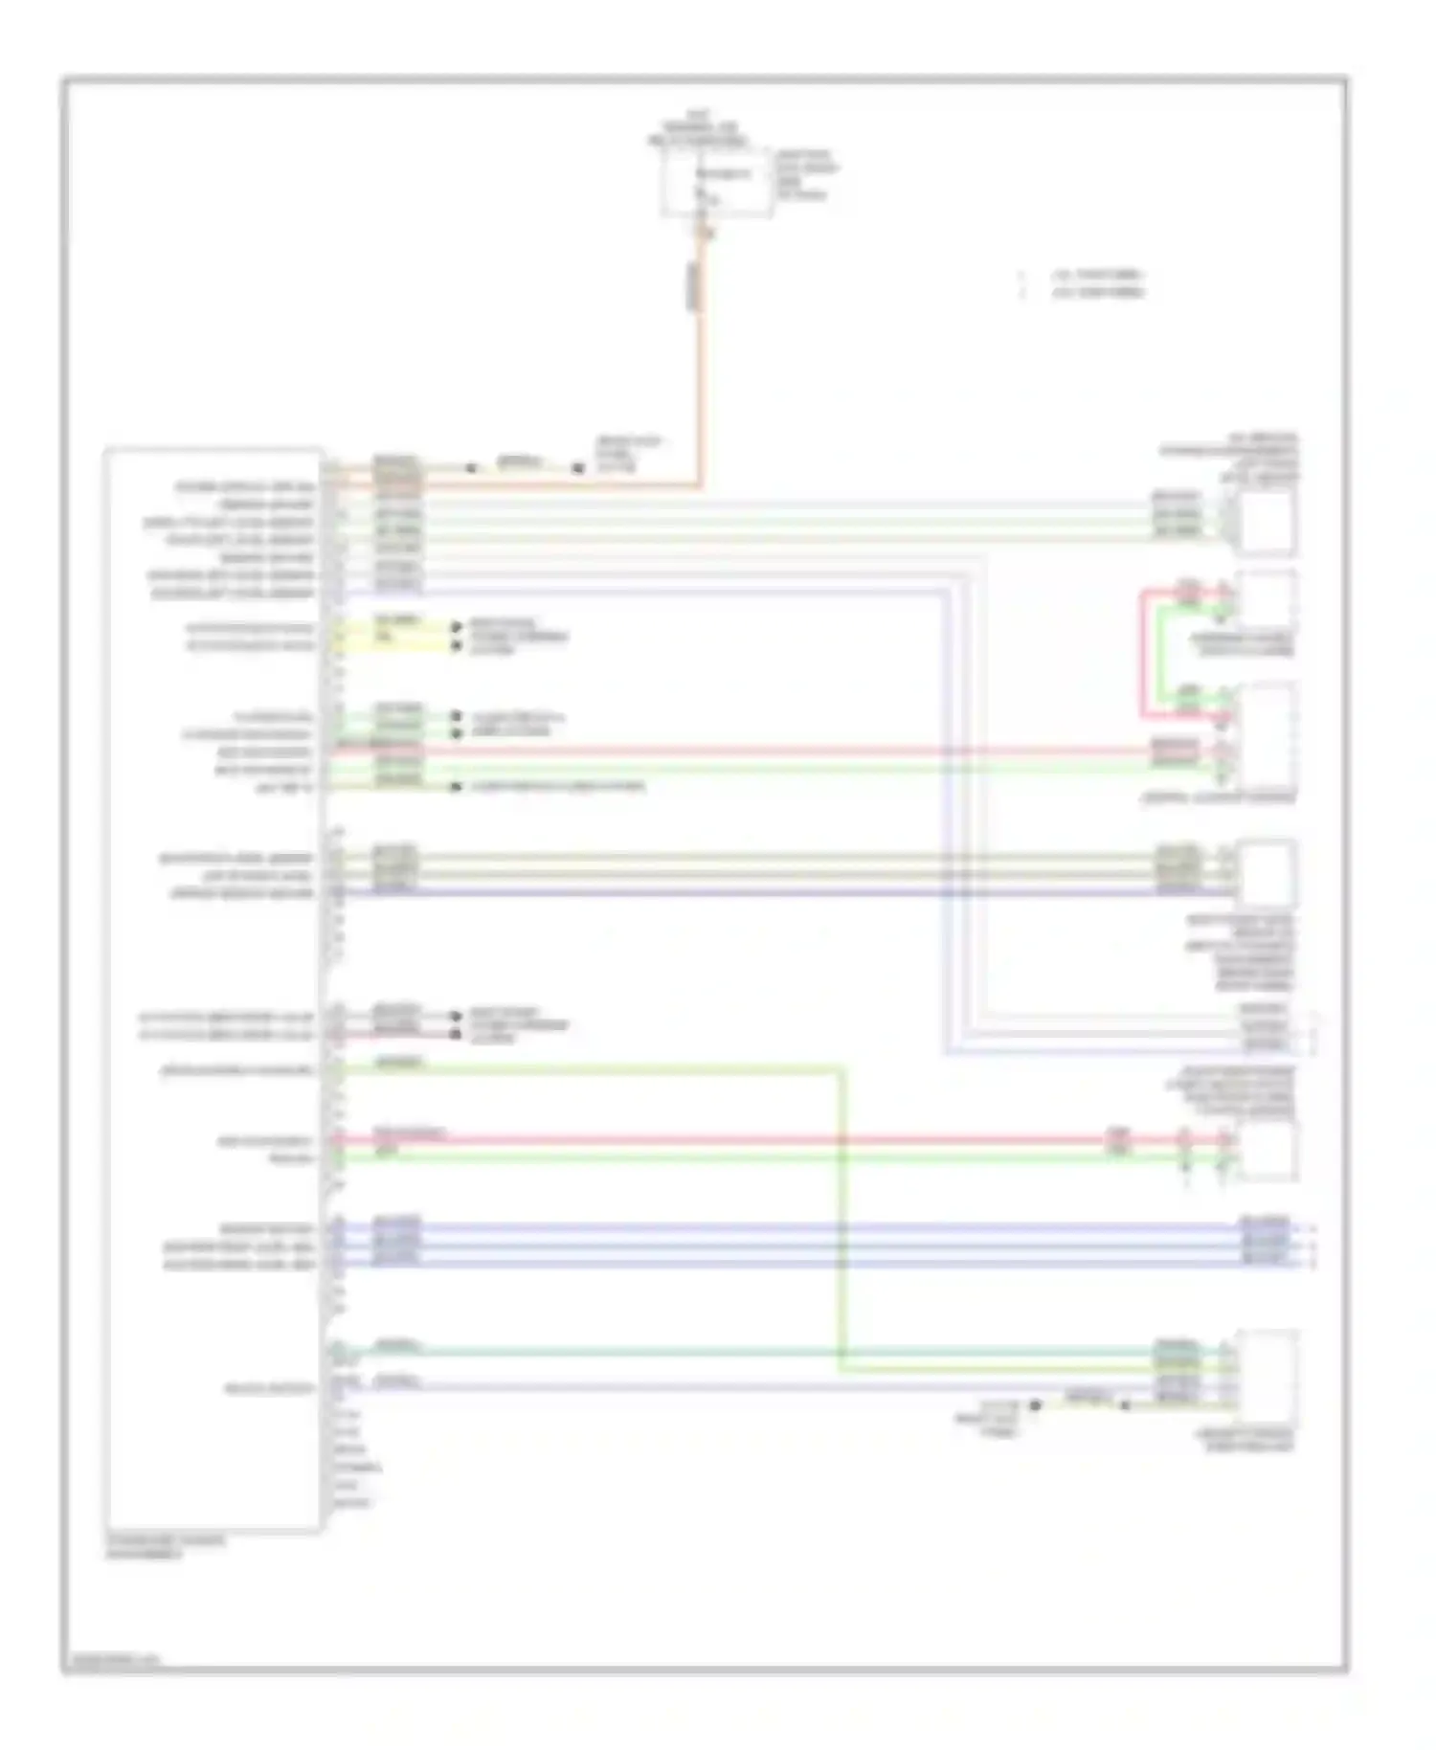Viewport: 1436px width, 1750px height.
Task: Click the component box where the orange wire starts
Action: (x=716, y=183)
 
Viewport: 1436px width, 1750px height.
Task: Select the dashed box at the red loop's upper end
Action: (x=1266, y=599)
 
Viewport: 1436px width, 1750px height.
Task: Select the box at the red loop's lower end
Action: (x=1266, y=737)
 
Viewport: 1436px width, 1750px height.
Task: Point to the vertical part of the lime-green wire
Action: (x=842, y=1216)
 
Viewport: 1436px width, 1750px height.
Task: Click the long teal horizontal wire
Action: (x=766, y=1351)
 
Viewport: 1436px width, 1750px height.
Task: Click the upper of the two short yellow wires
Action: (x=393, y=628)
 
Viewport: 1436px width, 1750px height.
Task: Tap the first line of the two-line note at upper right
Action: (x=1097, y=276)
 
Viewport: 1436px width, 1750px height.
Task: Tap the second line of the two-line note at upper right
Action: (x=1097, y=293)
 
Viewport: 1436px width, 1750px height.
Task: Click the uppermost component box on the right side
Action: (x=1266, y=523)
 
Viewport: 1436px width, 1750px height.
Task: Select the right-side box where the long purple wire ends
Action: (x=1266, y=873)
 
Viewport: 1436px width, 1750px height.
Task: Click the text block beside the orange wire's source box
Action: (x=806, y=174)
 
